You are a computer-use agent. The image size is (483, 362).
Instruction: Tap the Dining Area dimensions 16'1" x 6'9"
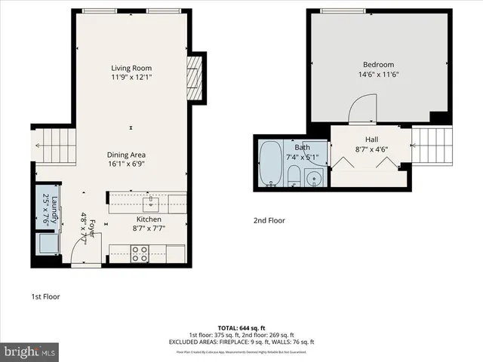(131, 163)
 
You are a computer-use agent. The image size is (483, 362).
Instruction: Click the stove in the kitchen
(140, 253)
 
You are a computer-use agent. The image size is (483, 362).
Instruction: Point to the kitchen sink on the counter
(150, 201)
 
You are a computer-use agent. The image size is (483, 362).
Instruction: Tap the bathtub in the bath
(269, 164)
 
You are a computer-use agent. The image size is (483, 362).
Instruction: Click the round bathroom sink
(315, 179)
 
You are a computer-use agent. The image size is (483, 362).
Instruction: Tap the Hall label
(371, 140)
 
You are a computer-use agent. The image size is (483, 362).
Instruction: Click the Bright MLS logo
(30, 351)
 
